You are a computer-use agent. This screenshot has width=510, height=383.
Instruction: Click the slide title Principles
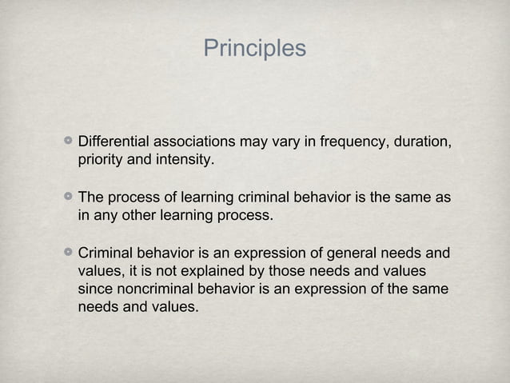(254, 49)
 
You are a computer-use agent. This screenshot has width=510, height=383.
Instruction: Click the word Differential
(111, 142)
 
